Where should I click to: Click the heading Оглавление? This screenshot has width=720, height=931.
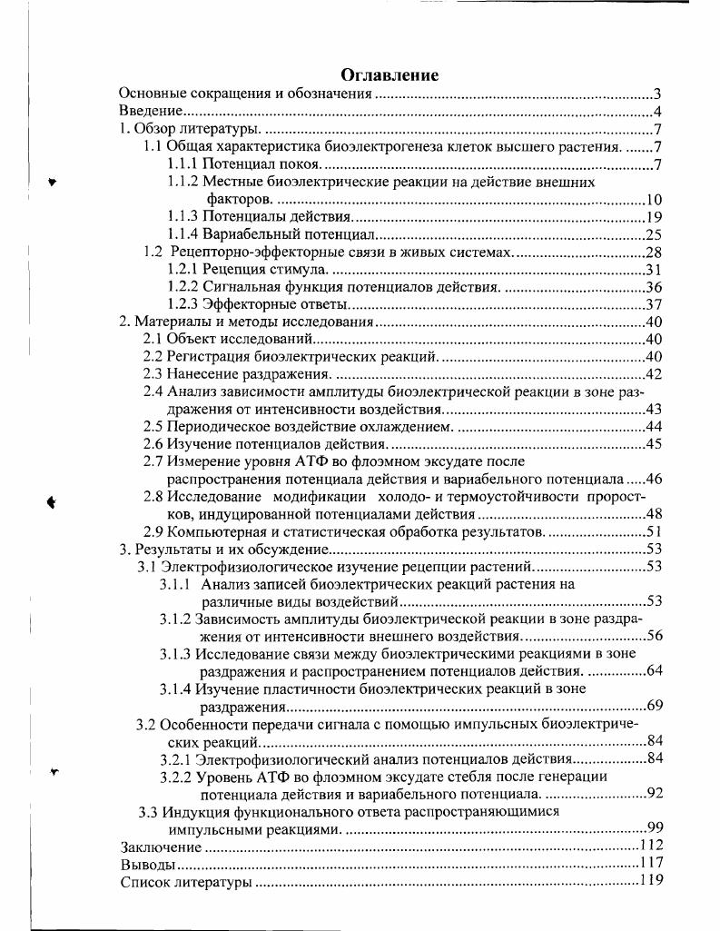point(390,74)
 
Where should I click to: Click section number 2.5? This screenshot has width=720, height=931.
point(153,427)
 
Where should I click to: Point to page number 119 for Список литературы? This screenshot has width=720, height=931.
point(651,881)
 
